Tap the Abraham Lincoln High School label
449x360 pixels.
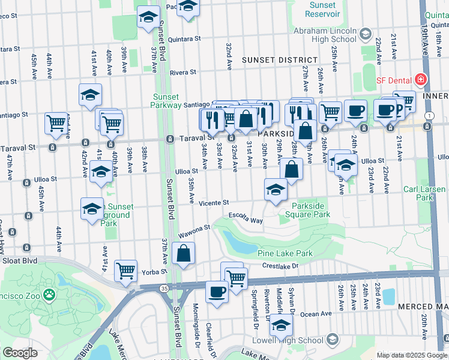[x=325, y=35]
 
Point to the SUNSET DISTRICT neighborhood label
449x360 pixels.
[x=280, y=60]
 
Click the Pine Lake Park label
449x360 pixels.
[x=285, y=253]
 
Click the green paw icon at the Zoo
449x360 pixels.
[x=48, y=295]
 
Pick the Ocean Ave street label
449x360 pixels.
[x=316, y=313]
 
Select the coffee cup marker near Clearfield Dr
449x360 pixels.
[x=217, y=292]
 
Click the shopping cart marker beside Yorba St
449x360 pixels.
[x=126, y=271]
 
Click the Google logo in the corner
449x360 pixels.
[x=20, y=353]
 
